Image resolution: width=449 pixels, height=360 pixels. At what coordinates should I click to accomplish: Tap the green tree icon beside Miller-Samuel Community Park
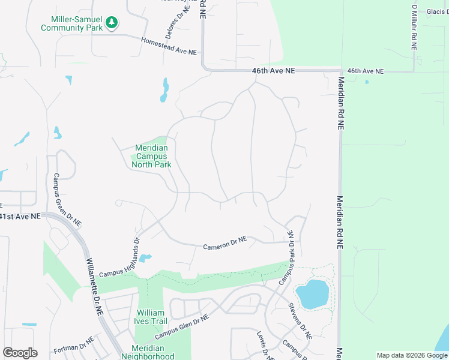pyautogui.click(x=111, y=23)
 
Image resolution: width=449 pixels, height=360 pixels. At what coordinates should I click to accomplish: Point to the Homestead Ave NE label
pyautogui.click(x=169, y=47)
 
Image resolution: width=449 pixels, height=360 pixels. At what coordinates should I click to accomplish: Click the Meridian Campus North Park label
pyautogui.click(x=151, y=156)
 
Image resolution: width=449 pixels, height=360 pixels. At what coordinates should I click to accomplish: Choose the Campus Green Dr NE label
pyautogui.click(x=67, y=200)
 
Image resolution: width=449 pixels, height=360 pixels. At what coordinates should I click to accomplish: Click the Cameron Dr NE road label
pyautogui.click(x=225, y=243)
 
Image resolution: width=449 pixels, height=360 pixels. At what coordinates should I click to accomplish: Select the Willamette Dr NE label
pyautogui.click(x=95, y=281)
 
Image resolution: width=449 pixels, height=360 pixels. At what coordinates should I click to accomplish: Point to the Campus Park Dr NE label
pyautogui.click(x=285, y=257)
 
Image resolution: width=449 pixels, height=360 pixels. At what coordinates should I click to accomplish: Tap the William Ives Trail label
pyautogui.click(x=150, y=317)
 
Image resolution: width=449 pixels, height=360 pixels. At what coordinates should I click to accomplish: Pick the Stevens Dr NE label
pyautogui.click(x=300, y=322)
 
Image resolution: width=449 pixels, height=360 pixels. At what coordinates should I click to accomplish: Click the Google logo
pyautogui.click(x=20, y=353)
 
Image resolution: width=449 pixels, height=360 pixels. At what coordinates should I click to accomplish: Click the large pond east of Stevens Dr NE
pyautogui.click(x=313, y=295)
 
